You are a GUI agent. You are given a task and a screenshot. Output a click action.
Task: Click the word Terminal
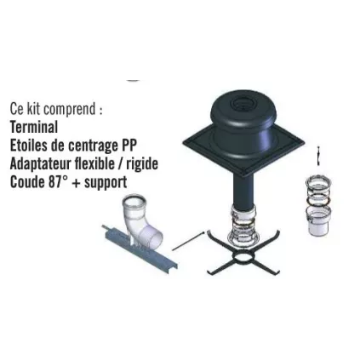(34, 127)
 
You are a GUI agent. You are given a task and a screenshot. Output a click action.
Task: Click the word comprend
(71, 110)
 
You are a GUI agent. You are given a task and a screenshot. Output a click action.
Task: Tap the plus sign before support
(76, 183)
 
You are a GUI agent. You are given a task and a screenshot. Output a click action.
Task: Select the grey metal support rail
(139, 249)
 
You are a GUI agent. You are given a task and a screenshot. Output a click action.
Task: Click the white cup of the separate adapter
(319, 222)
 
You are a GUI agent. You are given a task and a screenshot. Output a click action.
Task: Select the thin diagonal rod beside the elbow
(188, 241)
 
